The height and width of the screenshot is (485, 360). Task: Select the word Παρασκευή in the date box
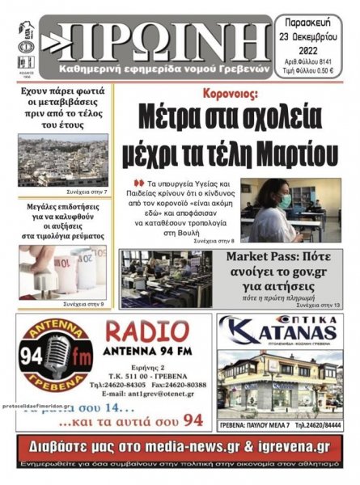(x=316, y=21)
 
